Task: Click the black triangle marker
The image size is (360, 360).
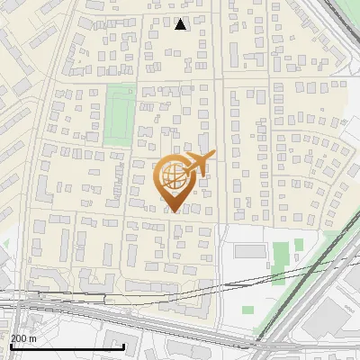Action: [x=181, y=24]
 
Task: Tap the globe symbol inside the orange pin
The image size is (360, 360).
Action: [x=174, y=176]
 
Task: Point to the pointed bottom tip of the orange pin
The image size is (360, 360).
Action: [x=174, y=211]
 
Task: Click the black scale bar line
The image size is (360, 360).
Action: [x=67, y=346]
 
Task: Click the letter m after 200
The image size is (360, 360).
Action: [x=34, y=338]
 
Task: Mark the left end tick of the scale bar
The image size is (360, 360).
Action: [x=12, y=345]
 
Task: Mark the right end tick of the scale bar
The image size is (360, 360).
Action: [x=123, y=345]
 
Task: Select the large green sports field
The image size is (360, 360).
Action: [x=120, y=114]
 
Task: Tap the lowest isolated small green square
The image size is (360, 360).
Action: [x=247, y=310]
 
